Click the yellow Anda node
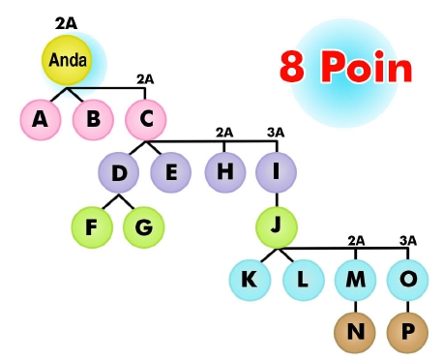tap(66, 60)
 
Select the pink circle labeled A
tap(40, 119)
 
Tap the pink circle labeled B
tap(93, 119)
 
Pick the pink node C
tap(146, 119)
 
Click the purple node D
tap(118, 173)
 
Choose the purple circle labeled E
tap(170, 173)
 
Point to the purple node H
tap(224, 173)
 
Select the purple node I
tap(277, 173)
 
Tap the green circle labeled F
tap(92, 227)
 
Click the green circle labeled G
tap(144, 227)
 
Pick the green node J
tap(277, 227)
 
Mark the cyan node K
tap(250, 281)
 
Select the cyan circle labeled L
tap(303, 281)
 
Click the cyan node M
tap(355, 281)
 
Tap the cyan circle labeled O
tap(407, 281)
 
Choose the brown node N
tap(355, 333)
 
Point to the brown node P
tap(407, 333)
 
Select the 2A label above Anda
tap(66, 22)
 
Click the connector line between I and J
tap(277, 200)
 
